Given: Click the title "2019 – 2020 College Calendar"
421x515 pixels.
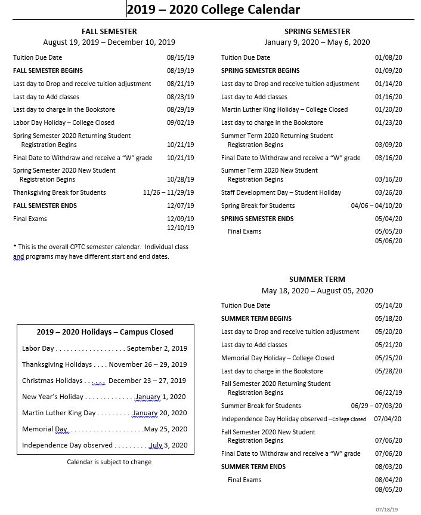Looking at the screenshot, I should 213,10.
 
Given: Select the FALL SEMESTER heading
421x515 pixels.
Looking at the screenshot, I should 109,31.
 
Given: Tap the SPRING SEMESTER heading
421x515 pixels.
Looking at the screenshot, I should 317,31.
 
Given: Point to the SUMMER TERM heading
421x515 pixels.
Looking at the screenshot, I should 317,279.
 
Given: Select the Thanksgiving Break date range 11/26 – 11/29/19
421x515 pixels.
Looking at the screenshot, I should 168,192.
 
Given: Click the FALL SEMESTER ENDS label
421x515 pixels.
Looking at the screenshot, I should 45,206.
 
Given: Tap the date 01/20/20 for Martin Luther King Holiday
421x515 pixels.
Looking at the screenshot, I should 388,109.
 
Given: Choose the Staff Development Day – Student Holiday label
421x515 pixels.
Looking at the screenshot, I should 281,192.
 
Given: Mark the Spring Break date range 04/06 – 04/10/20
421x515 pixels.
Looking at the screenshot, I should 376,206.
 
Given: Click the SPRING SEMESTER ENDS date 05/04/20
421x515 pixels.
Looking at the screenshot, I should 388,219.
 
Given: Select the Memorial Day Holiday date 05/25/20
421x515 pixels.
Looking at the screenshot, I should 388,358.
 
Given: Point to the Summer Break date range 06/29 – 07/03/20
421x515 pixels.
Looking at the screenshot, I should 376,406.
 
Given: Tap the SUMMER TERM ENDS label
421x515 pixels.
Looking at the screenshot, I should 253,467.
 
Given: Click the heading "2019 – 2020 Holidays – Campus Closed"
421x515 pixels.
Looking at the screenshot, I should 105,332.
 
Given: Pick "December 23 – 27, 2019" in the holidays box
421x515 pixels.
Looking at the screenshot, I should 147,381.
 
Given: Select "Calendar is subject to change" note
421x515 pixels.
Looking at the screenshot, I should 109,462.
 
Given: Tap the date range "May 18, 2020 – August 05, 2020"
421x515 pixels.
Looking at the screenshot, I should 317,291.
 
